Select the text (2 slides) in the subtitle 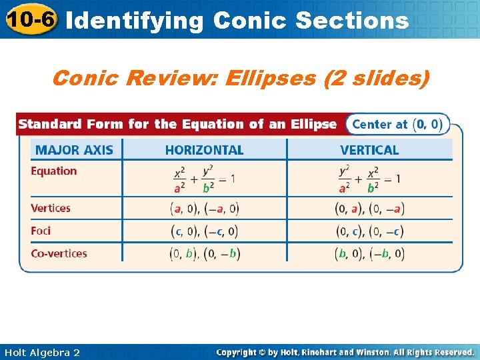(376, 79)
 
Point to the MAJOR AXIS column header (74, 150)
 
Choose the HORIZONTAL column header (204, 150)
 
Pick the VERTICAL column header (369, 150)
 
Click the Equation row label (54, 171)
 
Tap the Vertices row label (51, 208)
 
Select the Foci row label (41, 231)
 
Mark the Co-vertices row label (59, 253)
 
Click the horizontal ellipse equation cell (204, 179)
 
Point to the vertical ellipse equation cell (369, 179)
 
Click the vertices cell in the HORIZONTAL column (204, 209)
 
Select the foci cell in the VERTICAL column (369, 231)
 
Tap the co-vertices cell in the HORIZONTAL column (204, 254)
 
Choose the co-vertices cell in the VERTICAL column (369, 254)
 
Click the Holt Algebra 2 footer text (42, 352)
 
